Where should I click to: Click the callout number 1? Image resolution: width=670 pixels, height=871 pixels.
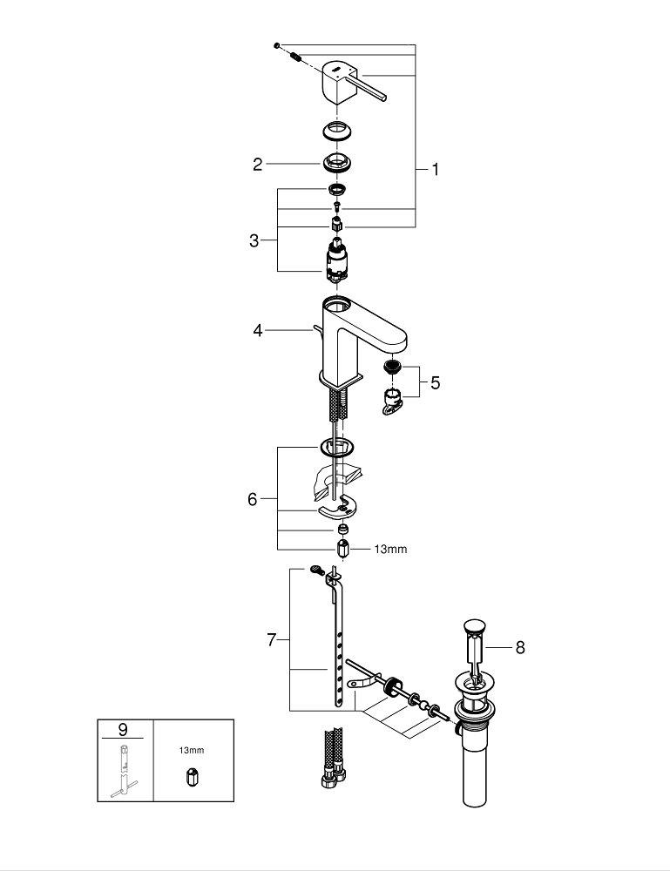(436, 170)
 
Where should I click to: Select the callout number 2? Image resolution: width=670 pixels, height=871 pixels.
(257, 165)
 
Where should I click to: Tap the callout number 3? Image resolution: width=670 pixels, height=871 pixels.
(254, 240)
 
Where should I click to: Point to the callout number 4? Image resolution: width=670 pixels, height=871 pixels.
(258, 330)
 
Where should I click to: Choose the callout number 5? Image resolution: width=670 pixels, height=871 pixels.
(435, 382)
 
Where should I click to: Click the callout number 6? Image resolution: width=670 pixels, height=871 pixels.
(253, 499)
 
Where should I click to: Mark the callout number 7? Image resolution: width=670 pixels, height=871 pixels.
(271, 640)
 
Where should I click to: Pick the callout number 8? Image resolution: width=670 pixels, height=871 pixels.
(520, 648)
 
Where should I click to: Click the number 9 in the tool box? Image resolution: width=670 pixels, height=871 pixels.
(123, 729)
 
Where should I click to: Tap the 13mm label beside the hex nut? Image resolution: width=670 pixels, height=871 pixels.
(390, 550)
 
